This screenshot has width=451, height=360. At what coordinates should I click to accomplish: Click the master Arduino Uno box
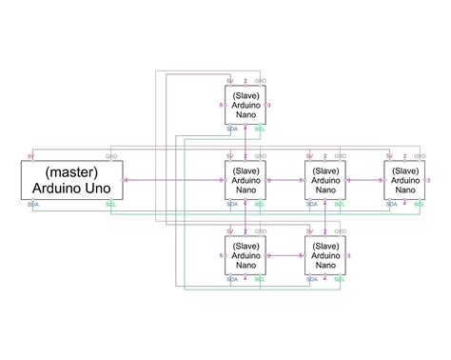pyautogui.click(x=72, y=179)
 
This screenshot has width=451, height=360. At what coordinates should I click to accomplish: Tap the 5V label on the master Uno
pyautogui.click(x=31, y=155)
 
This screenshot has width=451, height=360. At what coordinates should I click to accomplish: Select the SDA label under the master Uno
pyautogui.click(x=33, y=204)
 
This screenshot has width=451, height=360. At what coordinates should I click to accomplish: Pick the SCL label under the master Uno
pyautogui.click(x=112, y=204)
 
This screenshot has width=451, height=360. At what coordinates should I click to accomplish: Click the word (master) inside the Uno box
pyautogui.click(x=72, y=170)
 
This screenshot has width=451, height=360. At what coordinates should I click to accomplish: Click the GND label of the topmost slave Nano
pyautogui.click(x=261, y=82)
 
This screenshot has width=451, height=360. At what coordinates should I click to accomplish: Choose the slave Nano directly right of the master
pyautogui.click(x=245, y=179)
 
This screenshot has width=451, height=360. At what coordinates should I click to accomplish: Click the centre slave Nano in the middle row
pyautogui.click(x=324, y=179)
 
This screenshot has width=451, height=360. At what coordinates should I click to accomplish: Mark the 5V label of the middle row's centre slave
pyautogui.click(x=309, y=156)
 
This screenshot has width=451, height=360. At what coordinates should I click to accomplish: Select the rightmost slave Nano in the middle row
pyautogui.click(x=404, y=179)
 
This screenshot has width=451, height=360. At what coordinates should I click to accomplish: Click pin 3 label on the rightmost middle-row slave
pyautogui.click(x=428, y=179)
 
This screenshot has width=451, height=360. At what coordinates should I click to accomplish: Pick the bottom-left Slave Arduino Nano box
pyautogui.click(x=245, y=255)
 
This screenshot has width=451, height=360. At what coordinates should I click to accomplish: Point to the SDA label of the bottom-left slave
pyautogui.click(x=232, y=278)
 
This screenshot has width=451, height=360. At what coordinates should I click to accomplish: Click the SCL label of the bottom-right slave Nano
pyautogui.click(x=340, y=278)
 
